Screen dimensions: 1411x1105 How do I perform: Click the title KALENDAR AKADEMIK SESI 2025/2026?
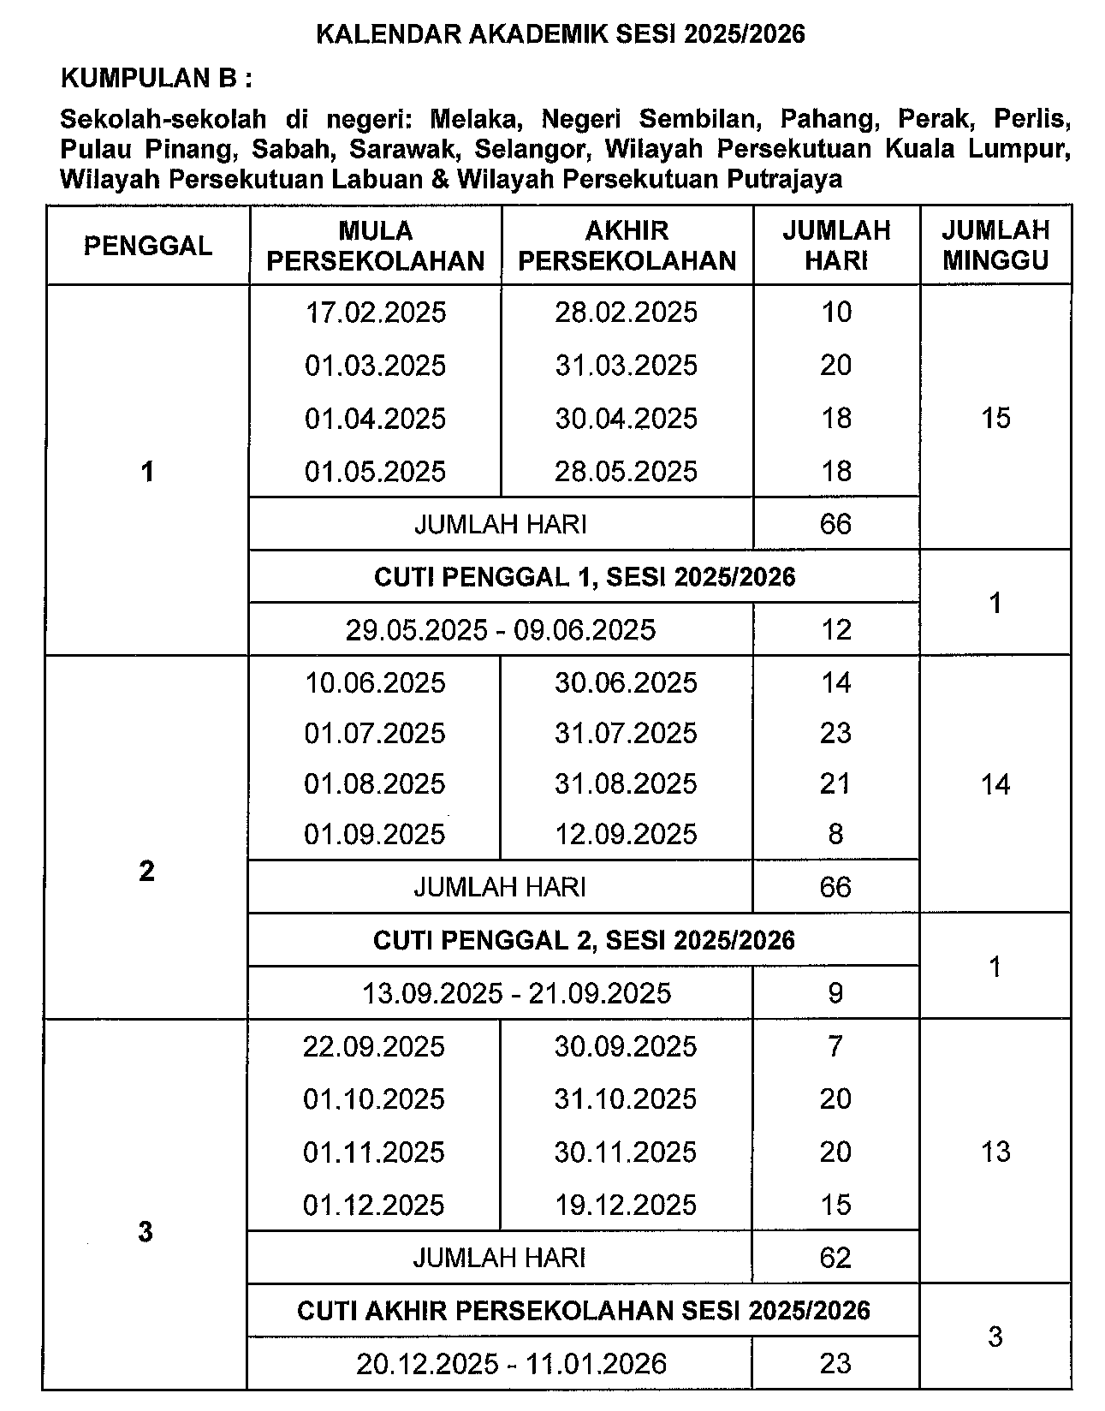point(561,34)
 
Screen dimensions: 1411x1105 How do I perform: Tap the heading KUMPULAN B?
point(157,79)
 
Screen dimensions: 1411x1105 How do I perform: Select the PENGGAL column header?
point(147,246)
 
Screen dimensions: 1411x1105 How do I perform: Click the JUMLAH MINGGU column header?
point(995,245)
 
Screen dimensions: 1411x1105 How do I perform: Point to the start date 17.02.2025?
point(376,313)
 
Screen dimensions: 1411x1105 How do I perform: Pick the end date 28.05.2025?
point(626,472)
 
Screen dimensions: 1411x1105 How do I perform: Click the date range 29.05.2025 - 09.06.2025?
point(501,630)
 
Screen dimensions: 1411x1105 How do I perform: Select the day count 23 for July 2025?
point(835,734)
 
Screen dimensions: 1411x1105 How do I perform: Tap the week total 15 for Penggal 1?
point(995,419)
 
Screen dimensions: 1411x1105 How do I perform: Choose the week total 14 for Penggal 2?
point(995,784)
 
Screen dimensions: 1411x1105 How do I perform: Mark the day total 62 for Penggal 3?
point(835,1258)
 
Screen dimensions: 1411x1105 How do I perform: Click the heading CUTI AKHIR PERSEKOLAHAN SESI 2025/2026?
point(583,1311)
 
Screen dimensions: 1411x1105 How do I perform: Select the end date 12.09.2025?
point(626,835)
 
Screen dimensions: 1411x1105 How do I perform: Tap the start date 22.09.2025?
point(374,1047)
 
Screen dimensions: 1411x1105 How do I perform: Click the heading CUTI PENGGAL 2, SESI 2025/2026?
point(584,941)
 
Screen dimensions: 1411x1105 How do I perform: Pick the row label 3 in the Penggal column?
point(146,1232)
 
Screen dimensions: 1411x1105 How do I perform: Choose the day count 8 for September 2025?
point(835,835)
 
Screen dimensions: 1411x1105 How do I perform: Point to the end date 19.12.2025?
point(626,1206)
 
